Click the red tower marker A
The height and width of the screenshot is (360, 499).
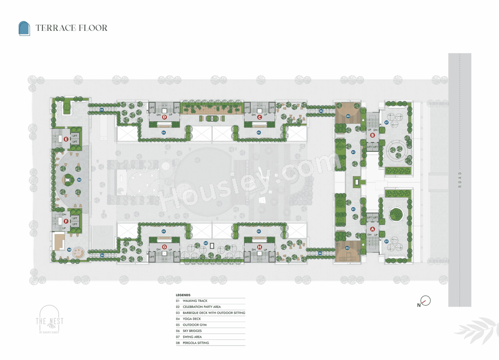pyautogui.click(x=372, y=229)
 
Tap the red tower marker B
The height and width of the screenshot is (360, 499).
pyautogui.click(x=372, y=136)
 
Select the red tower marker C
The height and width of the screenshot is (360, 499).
pyautogui.click(x=259, y=116)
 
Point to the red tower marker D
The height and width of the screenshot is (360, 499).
pyautogui.click(x=165, y=116)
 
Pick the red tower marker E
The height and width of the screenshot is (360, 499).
pyautogui.click(x=66, y=139)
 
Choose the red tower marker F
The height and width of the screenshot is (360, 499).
pyautogui.click(x=66, y=221)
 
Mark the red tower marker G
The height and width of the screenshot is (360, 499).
pyautogui.click(x=165, y=247)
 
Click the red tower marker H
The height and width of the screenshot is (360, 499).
pyautogui.click(x=260, y=247)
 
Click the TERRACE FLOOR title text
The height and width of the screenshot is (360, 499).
pyautogui.click(x=71, y=28)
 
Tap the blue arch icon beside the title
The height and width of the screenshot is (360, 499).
pyautogui.click(x=24, y=28)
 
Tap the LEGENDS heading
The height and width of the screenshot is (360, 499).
pyautogui.click(x=183, y=295)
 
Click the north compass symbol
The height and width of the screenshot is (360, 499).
pyautogui.click(x=425, y=301)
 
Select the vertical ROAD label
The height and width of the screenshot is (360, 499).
pyautogui.click(x=460, y=180)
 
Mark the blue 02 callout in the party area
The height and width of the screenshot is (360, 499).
pyautogui.click(x=79, y=180)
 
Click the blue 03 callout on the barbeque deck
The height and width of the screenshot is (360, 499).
pyautogui.click(x=206, y=243)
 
